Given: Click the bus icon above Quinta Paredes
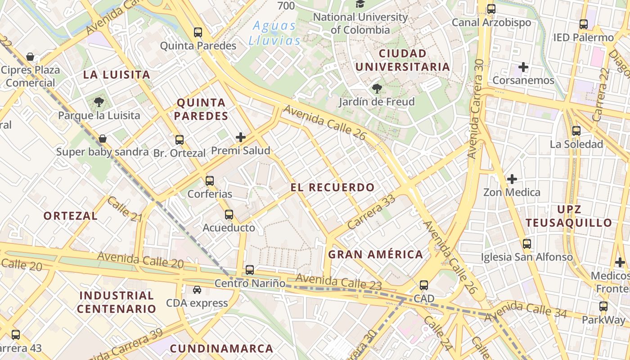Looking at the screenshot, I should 198,32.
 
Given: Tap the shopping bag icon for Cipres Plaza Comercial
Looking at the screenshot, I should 30,57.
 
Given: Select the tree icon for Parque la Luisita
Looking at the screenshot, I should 99,102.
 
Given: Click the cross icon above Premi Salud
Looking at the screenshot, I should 241,137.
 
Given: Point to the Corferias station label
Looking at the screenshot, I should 210,194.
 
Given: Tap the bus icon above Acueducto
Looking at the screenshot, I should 229,215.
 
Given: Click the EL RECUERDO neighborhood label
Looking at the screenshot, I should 333,188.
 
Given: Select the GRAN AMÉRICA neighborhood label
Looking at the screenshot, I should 375,255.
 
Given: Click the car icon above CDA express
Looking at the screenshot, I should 197,290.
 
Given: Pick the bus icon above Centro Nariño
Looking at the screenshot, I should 250,270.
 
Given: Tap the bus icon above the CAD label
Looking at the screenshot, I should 424,285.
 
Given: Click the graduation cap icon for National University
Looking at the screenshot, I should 360,4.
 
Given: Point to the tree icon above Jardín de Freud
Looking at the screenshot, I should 377,89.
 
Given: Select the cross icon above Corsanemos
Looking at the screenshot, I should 523,67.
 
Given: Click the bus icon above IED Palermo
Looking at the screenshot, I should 584,24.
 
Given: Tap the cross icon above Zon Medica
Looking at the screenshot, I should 512,180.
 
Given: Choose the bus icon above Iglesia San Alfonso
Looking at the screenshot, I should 527,244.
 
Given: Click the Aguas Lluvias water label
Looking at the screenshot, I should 274,33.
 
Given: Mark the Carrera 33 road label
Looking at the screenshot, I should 371,211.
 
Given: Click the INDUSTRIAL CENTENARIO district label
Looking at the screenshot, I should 116,302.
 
